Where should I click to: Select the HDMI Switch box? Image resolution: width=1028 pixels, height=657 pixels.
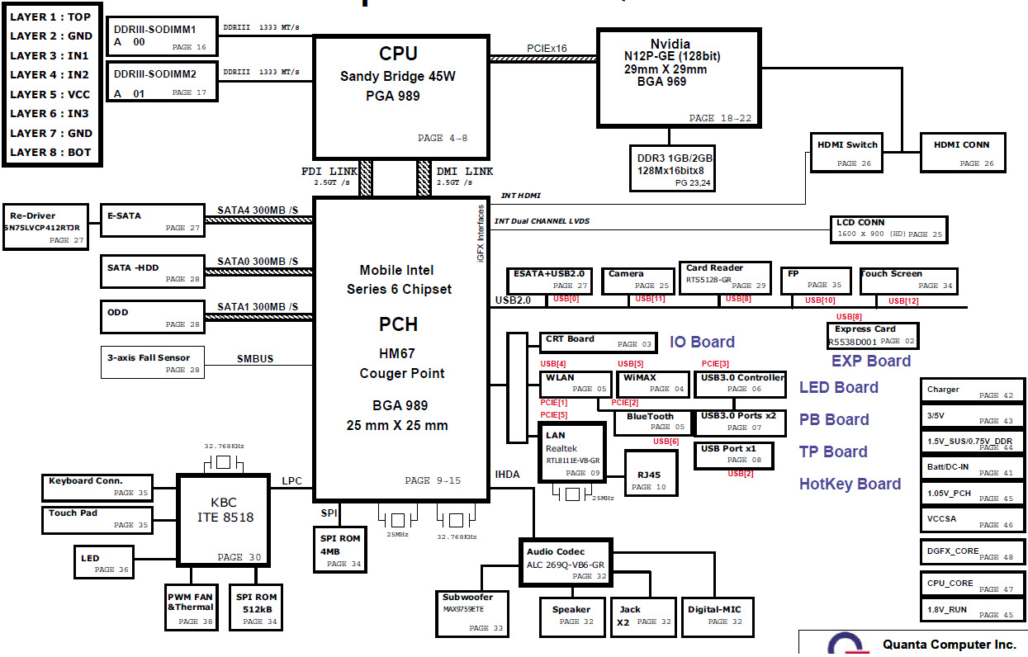(847, 153)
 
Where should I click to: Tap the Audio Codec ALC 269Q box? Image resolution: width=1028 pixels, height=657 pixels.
(566, 563)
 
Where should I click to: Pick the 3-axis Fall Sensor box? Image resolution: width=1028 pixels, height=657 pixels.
(152, 363)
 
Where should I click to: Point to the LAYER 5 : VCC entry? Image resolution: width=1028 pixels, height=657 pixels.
(50, 94)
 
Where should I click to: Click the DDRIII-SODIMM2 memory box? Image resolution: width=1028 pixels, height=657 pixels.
(163, 83)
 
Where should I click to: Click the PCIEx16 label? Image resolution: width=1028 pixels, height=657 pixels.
(547, 48)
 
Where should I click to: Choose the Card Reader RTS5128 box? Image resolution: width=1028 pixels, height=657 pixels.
(726, 278)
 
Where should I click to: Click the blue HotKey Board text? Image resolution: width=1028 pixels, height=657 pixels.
(850, 484)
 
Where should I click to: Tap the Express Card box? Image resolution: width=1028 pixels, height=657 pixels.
(873, 335)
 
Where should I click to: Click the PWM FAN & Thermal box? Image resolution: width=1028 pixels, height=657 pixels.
(191, 607)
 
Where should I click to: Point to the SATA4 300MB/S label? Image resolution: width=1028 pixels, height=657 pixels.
(258, 210)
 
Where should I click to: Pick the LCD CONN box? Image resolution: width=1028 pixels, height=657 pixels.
(888, 229)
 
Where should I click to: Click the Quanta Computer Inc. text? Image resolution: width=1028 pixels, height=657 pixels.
(949, 644)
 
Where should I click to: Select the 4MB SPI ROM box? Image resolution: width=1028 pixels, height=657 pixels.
(339, 550)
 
